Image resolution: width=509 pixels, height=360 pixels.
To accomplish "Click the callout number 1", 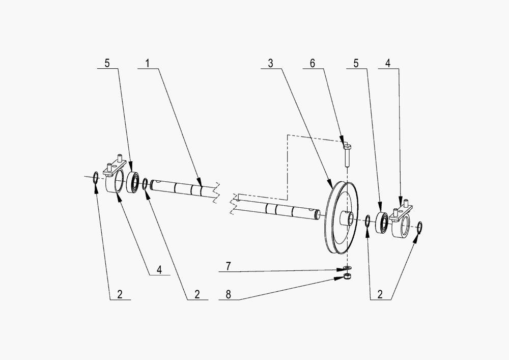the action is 147,64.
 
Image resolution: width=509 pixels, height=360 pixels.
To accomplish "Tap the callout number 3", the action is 270,64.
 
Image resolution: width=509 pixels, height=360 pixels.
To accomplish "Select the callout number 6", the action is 313,64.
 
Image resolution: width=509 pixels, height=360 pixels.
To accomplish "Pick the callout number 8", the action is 229,295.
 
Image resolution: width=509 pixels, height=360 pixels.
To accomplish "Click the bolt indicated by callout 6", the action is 346,156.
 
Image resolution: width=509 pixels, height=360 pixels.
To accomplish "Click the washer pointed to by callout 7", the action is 347,267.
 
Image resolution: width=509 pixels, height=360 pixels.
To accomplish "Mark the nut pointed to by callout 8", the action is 347,276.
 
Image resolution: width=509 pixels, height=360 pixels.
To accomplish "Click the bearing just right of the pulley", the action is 382,223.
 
